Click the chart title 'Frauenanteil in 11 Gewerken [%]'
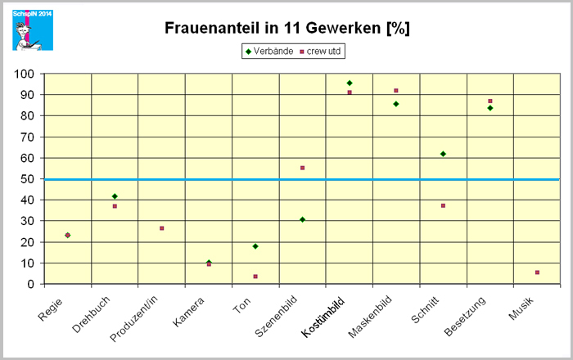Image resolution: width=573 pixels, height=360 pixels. pyautogui.click(x=286, y=29)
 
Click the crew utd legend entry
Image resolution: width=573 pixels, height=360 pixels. pyautogui.click(x=320, y=52)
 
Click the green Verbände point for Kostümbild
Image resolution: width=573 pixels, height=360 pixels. pyautogui.click(x=350, y=83)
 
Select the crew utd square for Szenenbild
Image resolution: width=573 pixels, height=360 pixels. pyautogui.click(x=302, y=168)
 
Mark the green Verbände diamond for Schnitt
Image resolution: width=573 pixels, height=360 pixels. pyautogui.click(x=443, y=154)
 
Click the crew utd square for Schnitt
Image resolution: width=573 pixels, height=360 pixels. pyautogui.click(x=443, y=205)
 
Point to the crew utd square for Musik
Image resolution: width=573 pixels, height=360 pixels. pyautogui.click(x=537, y=272)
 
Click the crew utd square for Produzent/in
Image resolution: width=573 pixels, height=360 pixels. pyautogui.click(x=162, y=228)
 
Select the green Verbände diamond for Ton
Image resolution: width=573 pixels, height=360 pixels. pyautogui.click(x=255, y=246)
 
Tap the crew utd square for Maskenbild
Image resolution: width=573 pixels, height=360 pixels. pyautogui.click(x=396, y=91)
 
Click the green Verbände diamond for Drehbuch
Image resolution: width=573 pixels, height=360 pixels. pyautogui.click(x=115, y=196)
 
